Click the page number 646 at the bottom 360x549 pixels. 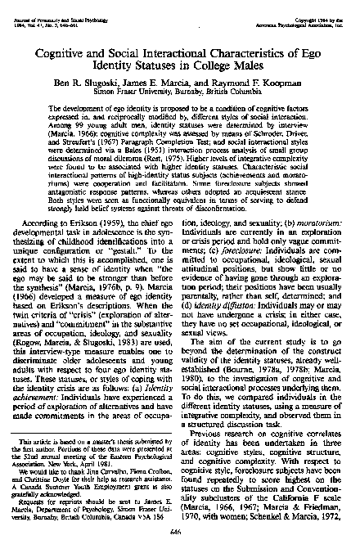coord(179,529)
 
